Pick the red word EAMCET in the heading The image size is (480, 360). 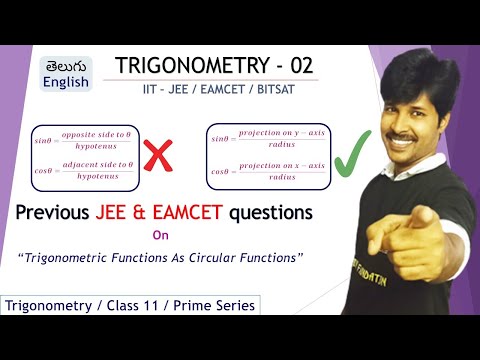point(217,212)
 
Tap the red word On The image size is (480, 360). point(159,237)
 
